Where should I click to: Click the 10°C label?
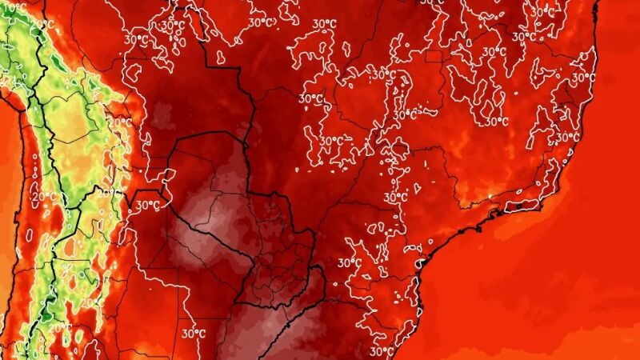pos(14,7)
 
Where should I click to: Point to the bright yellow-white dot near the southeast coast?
pos(488,195)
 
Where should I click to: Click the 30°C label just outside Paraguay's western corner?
pos(147,205)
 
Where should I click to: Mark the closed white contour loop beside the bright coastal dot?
pos(502,192)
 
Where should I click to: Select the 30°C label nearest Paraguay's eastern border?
pos(349,262)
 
